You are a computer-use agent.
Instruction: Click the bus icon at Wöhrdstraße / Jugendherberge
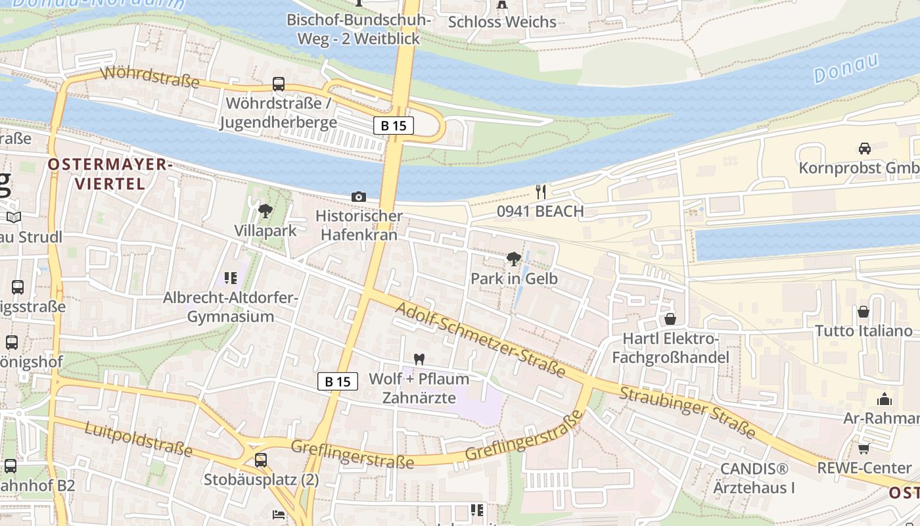pos(279,84)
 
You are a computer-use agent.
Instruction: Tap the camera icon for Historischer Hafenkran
pos(359,197)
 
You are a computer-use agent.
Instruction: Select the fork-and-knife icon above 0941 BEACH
pos(541,191)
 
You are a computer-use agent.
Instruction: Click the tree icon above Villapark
pos(265,211)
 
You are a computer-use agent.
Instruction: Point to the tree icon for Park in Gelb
pos(514,259)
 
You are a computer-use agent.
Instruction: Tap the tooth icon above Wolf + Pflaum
pos(419,360)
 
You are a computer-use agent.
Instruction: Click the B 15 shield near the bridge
pos(393,126)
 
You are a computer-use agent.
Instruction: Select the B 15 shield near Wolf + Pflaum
pos(338,381)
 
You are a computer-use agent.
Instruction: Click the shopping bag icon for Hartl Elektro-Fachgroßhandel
pos(670,320)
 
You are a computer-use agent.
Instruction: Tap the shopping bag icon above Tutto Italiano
pos(863,312)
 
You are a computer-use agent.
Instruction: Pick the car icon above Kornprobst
pos(864,149)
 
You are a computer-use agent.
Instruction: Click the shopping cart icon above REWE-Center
pos(863,448)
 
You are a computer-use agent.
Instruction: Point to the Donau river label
pos(846,68)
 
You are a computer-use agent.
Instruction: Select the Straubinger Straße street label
pos(687,412)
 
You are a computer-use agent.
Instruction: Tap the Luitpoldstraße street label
pos(139,439)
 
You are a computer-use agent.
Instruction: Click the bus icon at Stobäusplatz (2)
pos(261,460)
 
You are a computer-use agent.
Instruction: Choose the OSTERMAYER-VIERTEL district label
pos(109,174)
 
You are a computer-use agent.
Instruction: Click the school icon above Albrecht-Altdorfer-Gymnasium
pos(229,279)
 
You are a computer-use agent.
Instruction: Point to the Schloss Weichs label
pos(502,22)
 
